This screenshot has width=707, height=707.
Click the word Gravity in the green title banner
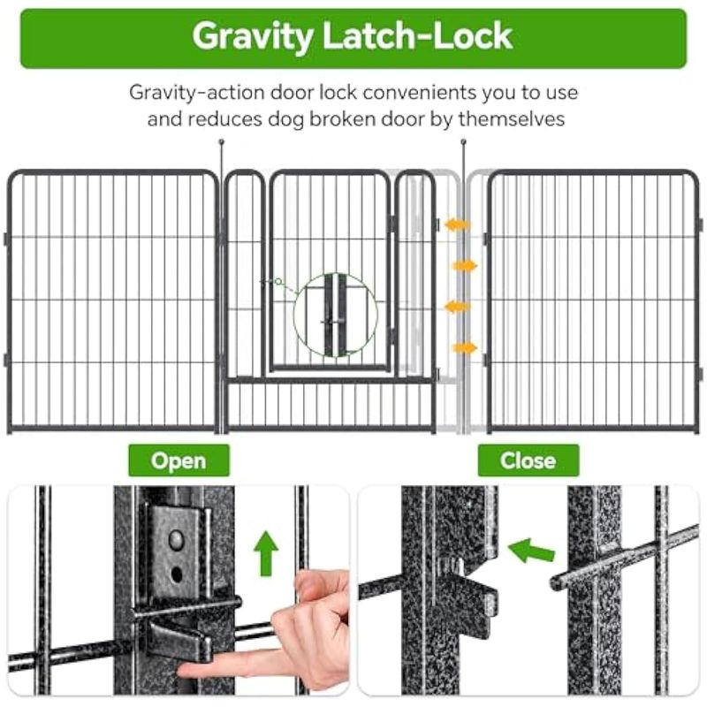coord(253,37)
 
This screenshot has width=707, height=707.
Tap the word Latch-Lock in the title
coord(417,35)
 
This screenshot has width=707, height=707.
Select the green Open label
coord(179,460)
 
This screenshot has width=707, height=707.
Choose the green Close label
coord(528,460)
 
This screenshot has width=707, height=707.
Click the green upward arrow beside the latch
coord(266,553)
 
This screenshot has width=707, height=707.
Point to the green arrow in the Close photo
coord(531,550)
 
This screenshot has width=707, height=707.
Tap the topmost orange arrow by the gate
coord(457,224)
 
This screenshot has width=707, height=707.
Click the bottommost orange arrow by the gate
coord(465,348)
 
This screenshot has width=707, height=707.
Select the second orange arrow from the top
coord(465,266)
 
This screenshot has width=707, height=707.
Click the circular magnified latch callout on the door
coord(335,315)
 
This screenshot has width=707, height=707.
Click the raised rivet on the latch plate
coord(176,540)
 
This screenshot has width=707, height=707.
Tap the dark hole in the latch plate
coord(177,574)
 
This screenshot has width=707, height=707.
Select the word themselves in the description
coord(512,119)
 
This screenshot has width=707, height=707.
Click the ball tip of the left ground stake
coord(222,142)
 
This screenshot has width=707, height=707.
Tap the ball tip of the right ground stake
coord(463,142)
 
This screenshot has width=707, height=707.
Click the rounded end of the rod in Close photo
coord(556,582)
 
